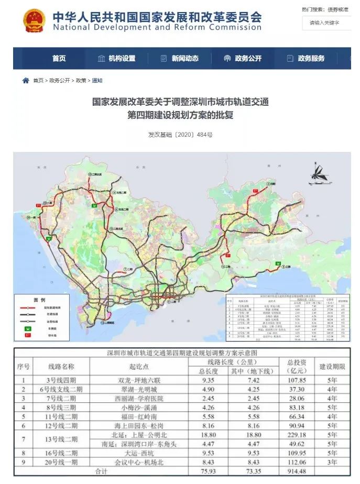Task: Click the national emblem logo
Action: pos(34,19)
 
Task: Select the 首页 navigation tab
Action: pos(59,59)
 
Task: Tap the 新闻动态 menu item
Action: pos(179,59)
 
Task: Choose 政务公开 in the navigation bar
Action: pos(242,59)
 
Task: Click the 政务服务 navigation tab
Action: pos(306,59)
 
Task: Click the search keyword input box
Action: pos(328,23)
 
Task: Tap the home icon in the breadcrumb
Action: pos(26,81)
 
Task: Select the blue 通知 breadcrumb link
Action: pos(97,81)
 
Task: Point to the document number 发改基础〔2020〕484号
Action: pos(180,135)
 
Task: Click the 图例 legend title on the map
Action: pos(39,300)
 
